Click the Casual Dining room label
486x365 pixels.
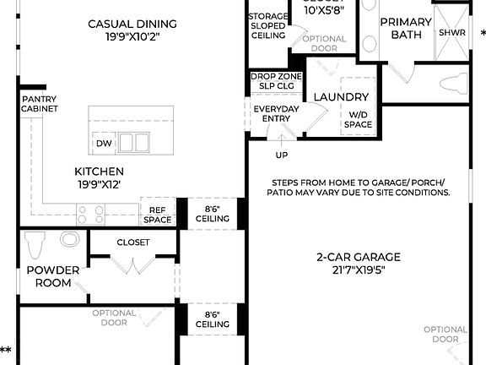click(x=132, y=30)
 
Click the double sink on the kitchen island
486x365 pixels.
click(x=132, y=142)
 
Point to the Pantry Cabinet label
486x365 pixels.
click(x=40, y=104)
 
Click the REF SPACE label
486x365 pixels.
click(x=157, y=215)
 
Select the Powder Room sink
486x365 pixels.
click(x=69, y=242)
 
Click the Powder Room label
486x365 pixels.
click(x=53, y=276)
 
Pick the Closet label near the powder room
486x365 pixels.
click(x=132, y=242)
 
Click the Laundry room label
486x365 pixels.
click(x=341, y=97)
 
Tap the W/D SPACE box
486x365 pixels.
click(x=359, y=119)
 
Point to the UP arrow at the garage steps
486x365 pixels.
click(x=281, y=155)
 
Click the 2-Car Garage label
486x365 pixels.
click(x=359, y=264)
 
